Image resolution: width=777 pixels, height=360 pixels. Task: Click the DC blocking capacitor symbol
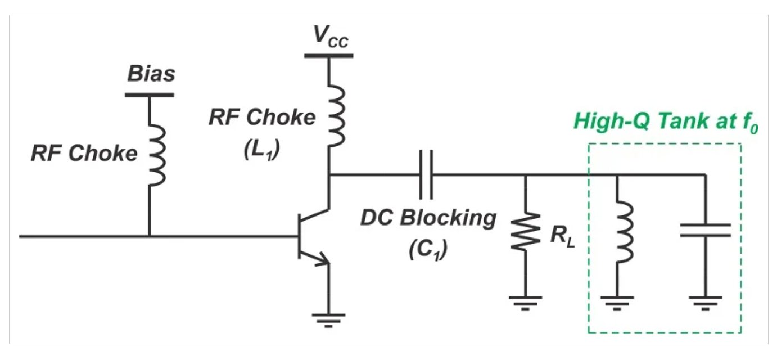(x=426, y=174)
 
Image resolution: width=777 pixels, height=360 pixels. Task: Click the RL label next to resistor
(x=562, y=236)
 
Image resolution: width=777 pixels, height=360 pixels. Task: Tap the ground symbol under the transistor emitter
(x=329, y=318)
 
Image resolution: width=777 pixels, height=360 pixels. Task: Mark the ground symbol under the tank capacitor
(x=705, y=300)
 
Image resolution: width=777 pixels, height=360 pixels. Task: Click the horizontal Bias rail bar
(x=149, y=94)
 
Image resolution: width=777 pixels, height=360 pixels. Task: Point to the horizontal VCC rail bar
(x=329, y=55)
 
